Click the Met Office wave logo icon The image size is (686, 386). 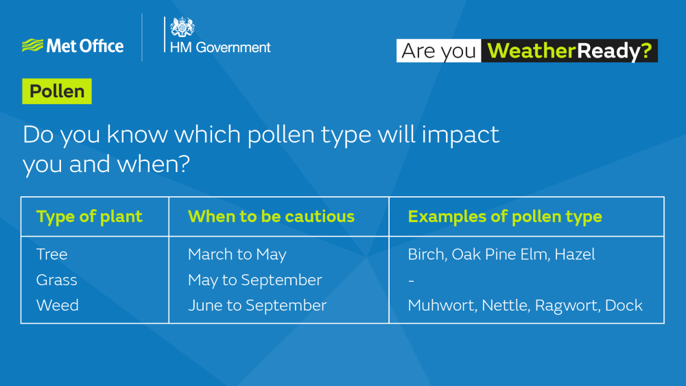(x=32, y=46)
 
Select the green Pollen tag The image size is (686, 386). (x=57, y=91)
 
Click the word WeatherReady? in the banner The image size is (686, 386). (x=569, y=51)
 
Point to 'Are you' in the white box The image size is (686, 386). (x=438, y=51)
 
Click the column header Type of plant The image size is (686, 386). (x=89, y=217)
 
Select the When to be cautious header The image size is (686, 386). (x=271, y=217)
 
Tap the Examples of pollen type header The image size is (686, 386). (x=505, y=217)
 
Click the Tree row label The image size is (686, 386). (x=52, y=254)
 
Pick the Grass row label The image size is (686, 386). (x=57, y=280)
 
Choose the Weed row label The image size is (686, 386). (x=58, y=305)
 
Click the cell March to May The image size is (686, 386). (x=237, y=254)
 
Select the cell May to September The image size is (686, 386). (x=255, y=280)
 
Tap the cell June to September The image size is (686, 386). (x=257, y=305)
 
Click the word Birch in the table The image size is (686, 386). (x=425, y=254)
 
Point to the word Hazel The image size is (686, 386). (x=575, y=254)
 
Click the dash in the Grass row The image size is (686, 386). (x=411, y=280)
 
